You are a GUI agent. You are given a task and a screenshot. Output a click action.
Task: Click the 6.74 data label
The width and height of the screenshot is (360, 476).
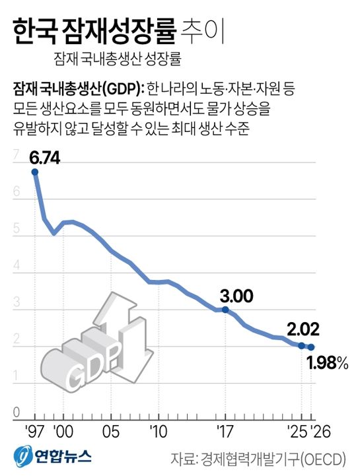pyautogui.click(x=45, y=159)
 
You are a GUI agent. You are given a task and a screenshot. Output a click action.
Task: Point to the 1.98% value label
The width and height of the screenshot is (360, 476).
pyautogui.click(x=327, y=362)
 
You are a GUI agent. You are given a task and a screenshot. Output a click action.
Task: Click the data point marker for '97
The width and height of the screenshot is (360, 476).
pyautogui.click(x=34, y=172)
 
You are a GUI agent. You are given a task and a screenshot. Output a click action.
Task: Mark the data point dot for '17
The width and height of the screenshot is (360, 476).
pyautogui.click(x=226, y=310)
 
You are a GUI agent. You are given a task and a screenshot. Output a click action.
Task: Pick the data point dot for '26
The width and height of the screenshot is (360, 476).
pyautogui.click(x=311, y=347)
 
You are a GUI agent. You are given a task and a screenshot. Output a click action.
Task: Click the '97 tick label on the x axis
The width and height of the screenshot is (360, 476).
pyautogui.click(x=34, y=432)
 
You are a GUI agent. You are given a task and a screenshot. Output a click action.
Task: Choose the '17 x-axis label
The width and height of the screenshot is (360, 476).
pyautogui.click(x=225, y=432)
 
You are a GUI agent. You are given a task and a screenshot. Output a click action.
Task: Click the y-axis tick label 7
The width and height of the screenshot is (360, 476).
pyautogui.click(x=15, y=154)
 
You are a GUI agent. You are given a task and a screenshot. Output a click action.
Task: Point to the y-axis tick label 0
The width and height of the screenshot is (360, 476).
pyautogui.click(x=15, y=414)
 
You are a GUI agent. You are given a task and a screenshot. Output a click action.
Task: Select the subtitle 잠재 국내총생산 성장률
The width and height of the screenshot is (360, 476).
pyautogui.click(x=118, y=58)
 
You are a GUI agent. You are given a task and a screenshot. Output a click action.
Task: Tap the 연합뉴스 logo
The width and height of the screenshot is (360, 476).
pyautogui.click(x=53, y=457)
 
